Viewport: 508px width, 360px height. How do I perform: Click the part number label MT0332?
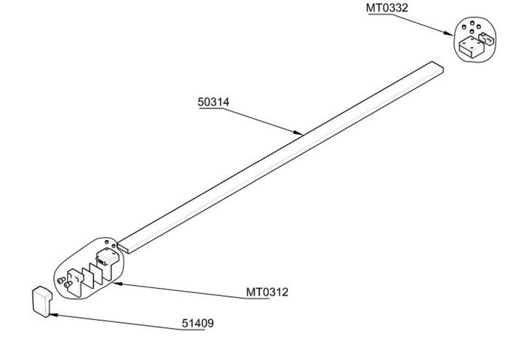387,8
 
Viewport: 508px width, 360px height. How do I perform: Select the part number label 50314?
213,102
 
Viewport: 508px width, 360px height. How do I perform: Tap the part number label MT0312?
267,292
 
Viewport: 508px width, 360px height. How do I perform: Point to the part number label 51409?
198,323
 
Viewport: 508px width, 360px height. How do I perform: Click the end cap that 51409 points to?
41,301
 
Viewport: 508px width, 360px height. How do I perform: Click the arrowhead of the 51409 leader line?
53,314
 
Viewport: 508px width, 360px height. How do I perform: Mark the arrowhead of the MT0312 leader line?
118,284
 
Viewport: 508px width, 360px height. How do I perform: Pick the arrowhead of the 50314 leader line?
298,132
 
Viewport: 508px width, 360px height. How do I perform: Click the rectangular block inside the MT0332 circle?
471,47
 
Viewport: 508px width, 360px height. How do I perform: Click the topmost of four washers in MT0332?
472,23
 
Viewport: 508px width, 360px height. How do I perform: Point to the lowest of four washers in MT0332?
472,32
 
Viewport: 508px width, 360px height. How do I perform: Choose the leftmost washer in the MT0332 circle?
464,27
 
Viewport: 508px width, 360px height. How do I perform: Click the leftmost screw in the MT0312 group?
61,280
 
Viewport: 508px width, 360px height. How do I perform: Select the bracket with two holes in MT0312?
75,282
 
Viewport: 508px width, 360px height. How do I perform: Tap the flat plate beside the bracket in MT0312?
88,278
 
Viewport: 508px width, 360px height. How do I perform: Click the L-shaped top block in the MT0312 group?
108,261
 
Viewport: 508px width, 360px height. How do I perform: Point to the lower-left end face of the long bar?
123,247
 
